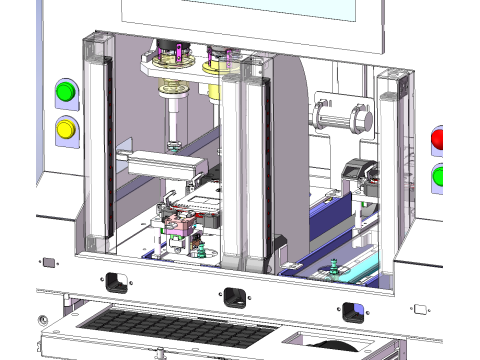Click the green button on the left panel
point(66,93)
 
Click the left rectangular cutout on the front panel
point(117,282)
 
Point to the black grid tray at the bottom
point(170,331)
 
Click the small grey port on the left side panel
point(47,262)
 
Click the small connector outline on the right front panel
point(421,309)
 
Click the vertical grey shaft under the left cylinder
point(173,126)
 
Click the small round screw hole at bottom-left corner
point(41,320)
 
